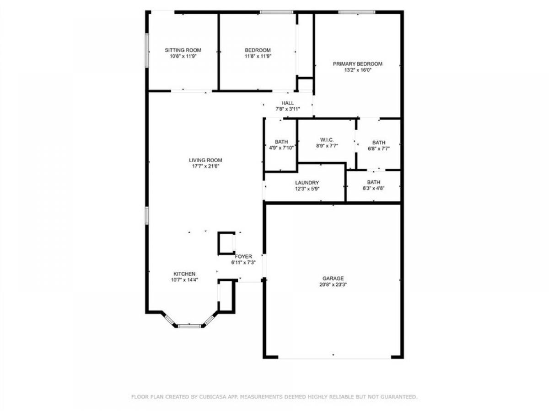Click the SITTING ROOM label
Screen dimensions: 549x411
coord(183,50)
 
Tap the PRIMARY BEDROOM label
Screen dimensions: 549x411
coord(357,64)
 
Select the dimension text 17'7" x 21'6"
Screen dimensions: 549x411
coord(205,166)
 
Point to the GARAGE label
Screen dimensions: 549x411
coord(333,278)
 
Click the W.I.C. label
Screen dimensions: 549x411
coord(327,140)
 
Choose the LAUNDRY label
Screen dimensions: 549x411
coord(307,183)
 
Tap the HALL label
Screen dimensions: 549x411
coord(288,103)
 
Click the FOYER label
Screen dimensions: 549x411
coord(243,257)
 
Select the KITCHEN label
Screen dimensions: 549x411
coord(184,274)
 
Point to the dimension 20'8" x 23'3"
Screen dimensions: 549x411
coord(333,285)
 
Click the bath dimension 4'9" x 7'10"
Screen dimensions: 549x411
coord(281,148)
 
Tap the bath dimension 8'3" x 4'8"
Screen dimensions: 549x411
coord(373,189)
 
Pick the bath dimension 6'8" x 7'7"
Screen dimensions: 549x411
coord(379,149)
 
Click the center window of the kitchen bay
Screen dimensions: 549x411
coord(189,326)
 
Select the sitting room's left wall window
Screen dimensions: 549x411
coord(147,50)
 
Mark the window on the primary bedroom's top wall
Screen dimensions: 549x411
coord(357,12)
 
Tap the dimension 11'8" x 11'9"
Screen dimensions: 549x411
coord(258,56)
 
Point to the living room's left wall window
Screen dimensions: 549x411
coord(147,215)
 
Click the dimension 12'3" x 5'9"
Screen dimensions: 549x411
coord(307,189)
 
